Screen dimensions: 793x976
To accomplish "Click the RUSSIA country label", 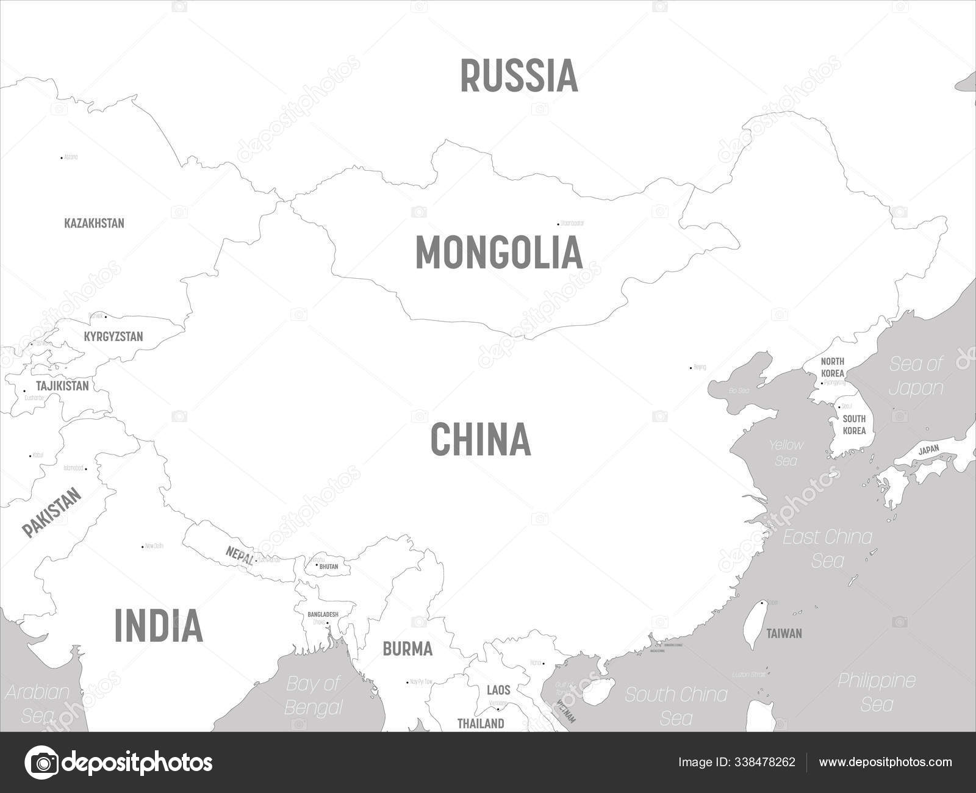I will pos(519,76).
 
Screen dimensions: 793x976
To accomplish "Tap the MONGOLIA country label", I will pos(498,253).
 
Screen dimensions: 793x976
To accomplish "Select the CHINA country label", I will pos(481,439).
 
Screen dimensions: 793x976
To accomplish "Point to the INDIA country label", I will pos(159,625).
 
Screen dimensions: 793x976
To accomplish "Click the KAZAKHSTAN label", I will pos(94,223).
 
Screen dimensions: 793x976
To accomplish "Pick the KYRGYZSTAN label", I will pos(113,337).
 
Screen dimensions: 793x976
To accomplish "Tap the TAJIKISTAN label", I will pos(62,386).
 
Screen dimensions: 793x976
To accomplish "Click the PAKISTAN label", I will pos(52,513).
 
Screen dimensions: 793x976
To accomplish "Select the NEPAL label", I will pos(239,554).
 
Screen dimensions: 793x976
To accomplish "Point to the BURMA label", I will pos(407,649).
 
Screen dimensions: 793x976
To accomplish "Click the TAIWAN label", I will pos(784,634).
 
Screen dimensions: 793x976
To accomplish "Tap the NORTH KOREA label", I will pos(832,367).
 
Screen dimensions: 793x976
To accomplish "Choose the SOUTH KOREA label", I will pos(854,425).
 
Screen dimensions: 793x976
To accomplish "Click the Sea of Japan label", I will pos(916,376).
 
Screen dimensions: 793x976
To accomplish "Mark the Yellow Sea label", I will pos(786,453).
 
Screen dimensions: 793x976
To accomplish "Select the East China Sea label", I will pos(827,548).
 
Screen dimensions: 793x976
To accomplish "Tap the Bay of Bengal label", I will pos(313,695).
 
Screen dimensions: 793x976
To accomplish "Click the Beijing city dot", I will pos(691,368).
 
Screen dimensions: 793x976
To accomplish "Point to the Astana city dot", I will pos(61,157).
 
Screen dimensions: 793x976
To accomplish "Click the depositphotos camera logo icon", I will pos(41,762).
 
